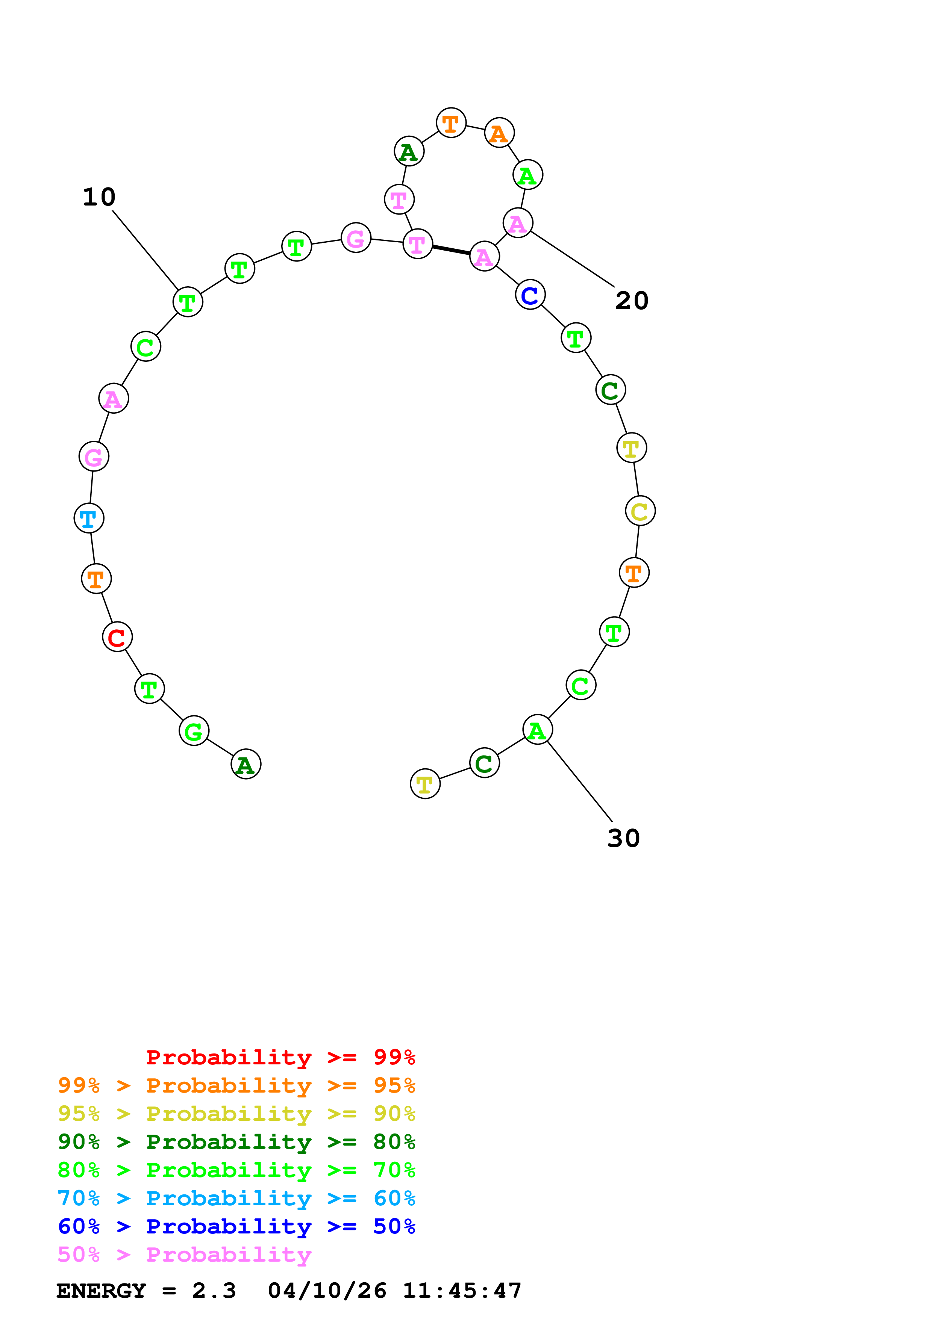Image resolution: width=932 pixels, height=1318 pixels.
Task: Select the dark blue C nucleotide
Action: (530, 295)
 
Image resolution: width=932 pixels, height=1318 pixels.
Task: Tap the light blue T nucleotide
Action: (89, 518)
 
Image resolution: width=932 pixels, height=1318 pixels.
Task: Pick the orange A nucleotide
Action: (499, 133)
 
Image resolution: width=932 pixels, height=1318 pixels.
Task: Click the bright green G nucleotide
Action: (194, 732)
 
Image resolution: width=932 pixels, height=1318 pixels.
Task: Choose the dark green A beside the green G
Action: (246, 764)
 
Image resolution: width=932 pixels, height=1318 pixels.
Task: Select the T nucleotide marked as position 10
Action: (188, 302)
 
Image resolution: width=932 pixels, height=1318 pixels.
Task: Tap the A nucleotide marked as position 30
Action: (538, 730)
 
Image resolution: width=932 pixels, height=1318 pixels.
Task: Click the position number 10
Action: (99, 197)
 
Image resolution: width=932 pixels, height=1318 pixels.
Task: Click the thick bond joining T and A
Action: (452, 250)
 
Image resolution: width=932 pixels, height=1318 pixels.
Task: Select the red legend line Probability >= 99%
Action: (280, 1057)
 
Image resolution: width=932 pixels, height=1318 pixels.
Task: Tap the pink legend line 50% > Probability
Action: (184, 1255)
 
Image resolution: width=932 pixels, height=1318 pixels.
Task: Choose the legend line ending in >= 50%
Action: (236, 1227)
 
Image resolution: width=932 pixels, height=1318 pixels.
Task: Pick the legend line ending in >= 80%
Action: (236, 1142)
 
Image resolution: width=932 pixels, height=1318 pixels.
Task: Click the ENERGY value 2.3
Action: (214, 1291)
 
